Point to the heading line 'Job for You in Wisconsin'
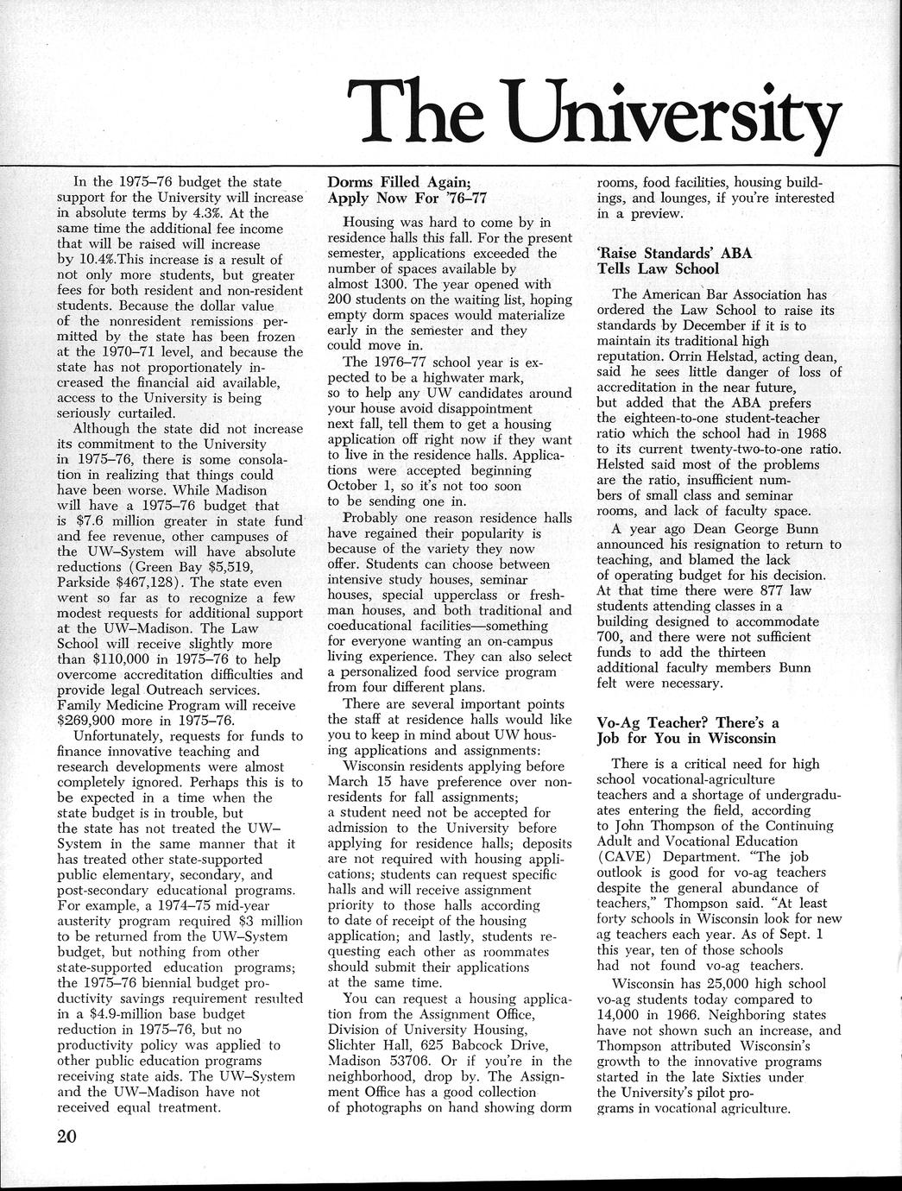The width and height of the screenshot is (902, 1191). click(x=688, y=739)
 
